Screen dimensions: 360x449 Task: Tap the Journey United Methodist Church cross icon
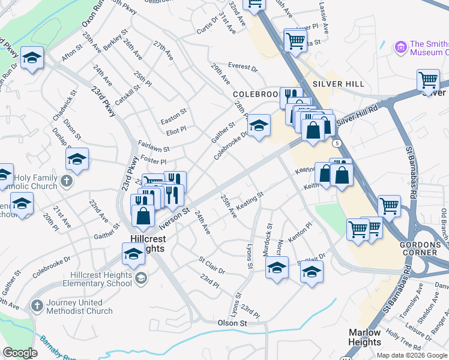click(x=37, y=307)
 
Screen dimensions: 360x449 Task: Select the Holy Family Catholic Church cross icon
click(x=67, y=181)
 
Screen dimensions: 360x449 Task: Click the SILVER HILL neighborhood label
click(x=338, y=84)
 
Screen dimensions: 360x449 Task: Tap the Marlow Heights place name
click(x=364, y=337)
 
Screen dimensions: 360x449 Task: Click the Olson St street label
click(x=232, y=323)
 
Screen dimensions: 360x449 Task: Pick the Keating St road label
click(x=250, y=202)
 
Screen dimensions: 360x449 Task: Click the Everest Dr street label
click(x=242, y=67)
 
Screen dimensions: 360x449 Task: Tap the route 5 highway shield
click(x=337, y=143)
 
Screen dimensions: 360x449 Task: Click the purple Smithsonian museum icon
click(x=400, y=47)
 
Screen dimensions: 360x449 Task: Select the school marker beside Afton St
click(x=32, y=58)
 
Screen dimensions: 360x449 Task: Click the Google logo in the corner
click(x=20, y=352)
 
